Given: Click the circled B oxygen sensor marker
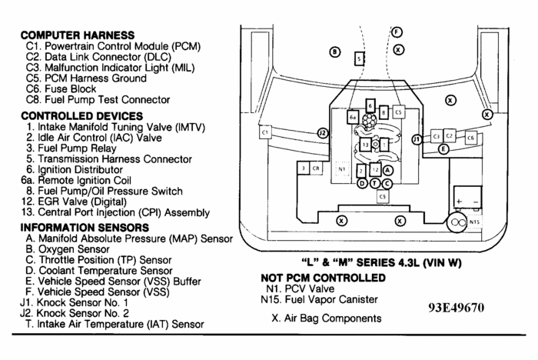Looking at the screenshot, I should tap(334, 52).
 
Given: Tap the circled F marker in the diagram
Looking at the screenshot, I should tap(397, 32).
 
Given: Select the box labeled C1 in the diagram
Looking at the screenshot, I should tap(265, 133).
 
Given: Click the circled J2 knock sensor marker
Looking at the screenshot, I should tap(323, 133).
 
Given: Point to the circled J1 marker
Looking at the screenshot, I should tap(417, 139).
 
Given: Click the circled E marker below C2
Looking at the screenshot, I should tap(443, 150).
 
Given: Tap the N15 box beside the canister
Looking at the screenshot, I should tap(474, 222).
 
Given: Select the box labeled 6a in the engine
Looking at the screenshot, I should tap(353, 118).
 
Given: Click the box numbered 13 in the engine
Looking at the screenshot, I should tap(365, 144).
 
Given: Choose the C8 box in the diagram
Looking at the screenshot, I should tap(317, 168).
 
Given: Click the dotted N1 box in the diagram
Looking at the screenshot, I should tap(341, 169).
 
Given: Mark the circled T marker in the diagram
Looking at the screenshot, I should tap(374, 183).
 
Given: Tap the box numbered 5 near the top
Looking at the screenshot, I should tap(359, 58).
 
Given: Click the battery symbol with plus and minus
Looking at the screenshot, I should tap(465, 197).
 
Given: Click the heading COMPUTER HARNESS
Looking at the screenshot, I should tap(77, 35).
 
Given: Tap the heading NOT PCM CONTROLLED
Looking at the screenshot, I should tap(322, 277).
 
